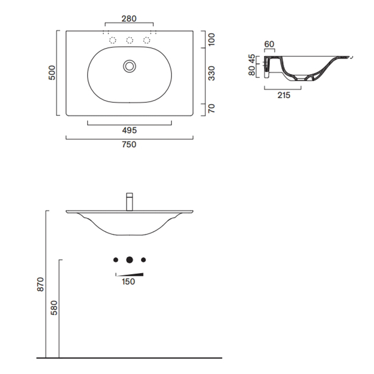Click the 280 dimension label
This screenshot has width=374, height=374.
129,19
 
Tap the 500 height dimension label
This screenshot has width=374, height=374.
52,73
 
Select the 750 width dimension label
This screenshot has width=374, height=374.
129,144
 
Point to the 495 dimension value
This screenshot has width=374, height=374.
129,130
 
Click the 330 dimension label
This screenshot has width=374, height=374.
212,73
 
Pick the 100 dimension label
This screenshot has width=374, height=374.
212,40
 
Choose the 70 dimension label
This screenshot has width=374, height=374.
212,108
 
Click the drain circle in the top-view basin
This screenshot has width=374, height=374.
129,66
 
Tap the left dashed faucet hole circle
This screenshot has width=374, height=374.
113,40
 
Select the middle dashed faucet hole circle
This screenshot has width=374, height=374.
129,40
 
